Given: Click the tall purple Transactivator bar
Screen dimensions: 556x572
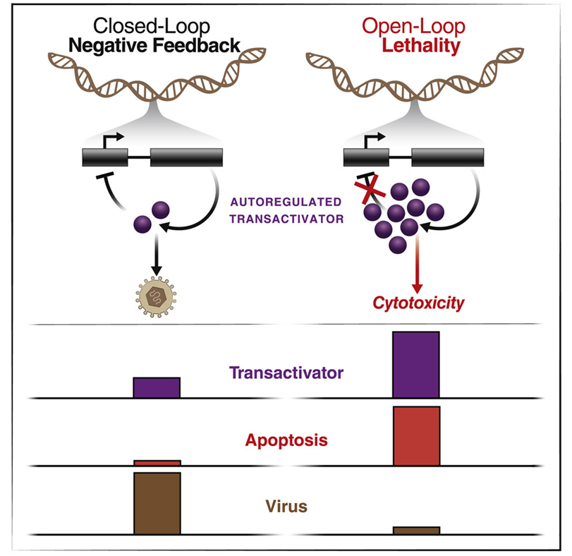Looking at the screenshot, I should click(x=416, y=365).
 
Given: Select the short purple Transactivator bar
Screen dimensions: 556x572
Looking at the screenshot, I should click(x=157, y=387).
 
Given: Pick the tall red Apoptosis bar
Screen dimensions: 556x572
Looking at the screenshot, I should click(x=416, y=435).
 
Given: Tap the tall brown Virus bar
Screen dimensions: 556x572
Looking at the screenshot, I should click(x=157, y=502).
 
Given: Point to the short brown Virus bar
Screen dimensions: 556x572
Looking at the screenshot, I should click(x=416, y=530).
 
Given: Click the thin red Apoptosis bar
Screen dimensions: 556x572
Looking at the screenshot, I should click(x=157, y=463).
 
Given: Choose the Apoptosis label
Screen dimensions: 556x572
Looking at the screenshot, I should click(x=286, y=440).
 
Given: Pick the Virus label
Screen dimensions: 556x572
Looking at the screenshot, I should click(x=286, y=506).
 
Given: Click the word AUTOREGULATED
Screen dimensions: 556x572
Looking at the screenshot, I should click(x=287, y=202).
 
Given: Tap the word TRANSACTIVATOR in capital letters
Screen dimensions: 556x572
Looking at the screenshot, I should click(x=286, y=219).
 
